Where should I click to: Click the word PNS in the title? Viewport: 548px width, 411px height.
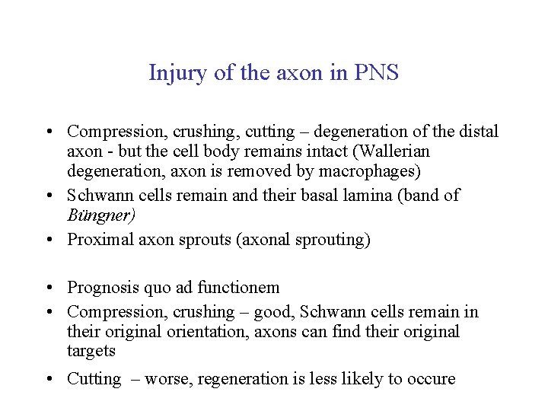[x=377, y=73]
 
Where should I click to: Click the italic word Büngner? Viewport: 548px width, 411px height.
[x=101, y=215]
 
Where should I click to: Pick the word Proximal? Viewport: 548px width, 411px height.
[x=99, y=240]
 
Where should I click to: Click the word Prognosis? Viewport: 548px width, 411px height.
[x=102, y=288]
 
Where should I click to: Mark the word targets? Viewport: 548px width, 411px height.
[x=91, y=351]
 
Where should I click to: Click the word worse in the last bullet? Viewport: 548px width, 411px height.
[x=167, y=379]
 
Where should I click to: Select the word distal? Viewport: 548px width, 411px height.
[x=478, y=132]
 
